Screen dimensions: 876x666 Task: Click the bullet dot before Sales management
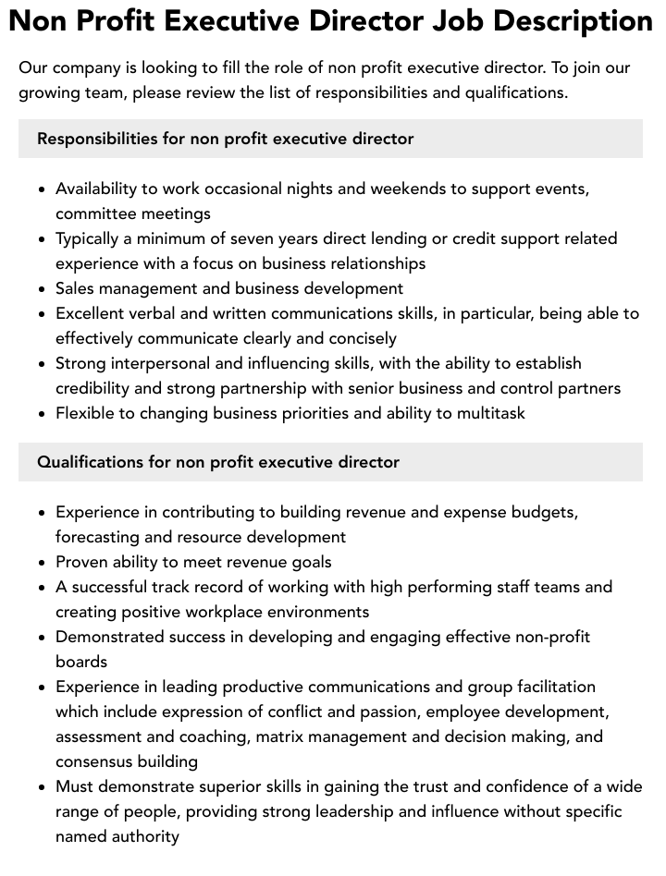click(x=42, y=289)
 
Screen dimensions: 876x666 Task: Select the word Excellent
click(x=94, y=313)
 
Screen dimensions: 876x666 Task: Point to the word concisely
click(x=355, y=338)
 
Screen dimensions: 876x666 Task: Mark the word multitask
click(x=487, y=413)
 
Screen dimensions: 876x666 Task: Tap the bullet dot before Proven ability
click(x=42, y=562)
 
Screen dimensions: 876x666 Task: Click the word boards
click(x=81, y=662)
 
